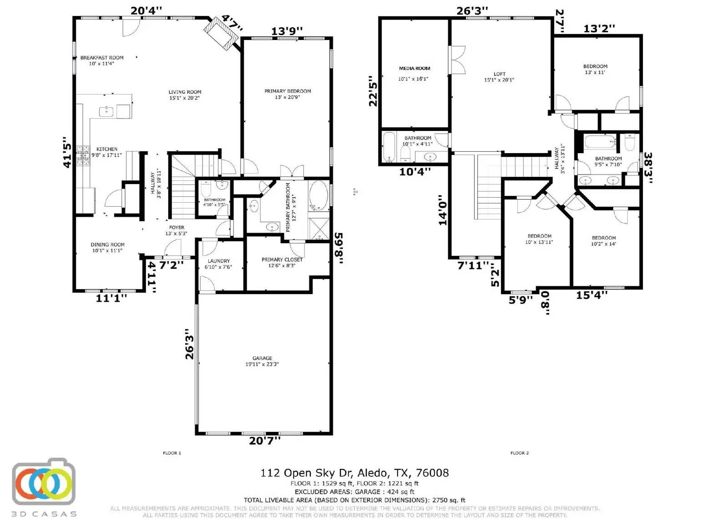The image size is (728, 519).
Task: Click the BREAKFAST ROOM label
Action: pos(102,58)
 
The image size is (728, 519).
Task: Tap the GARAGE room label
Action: pos(262,358)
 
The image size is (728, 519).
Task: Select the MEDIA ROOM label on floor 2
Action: pos(414,69)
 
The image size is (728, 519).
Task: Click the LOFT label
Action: pos(499,74)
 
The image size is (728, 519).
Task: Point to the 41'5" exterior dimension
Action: pos(67,152)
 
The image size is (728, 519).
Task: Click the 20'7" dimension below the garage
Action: pos(265,440)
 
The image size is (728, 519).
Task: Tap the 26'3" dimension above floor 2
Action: pos(472,10)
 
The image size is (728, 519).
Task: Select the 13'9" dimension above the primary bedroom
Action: pos(287,31)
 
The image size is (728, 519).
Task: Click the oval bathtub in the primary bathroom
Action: pos(318,195)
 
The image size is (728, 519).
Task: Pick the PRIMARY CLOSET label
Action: pos(282,259)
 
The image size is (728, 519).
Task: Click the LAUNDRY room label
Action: pos(218,261)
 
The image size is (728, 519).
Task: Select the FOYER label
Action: pos(177,227)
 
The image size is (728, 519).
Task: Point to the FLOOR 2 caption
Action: pos(519,453)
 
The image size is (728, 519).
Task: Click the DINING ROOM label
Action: pos(107,245)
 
